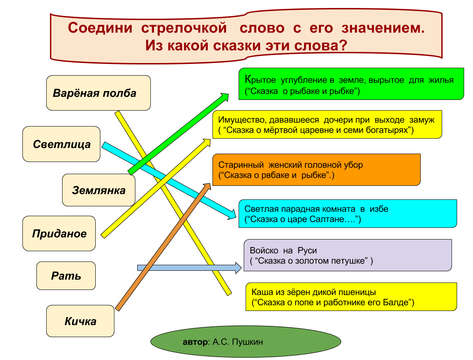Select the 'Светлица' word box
tap(62, 144)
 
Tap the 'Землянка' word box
tap(99, 190)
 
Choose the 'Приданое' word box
tap(59, 233)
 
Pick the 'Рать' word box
tap(66, 275)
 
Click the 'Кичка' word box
tap(80, 321)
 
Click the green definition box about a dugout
tap(351, 84)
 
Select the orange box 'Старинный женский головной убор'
tap(316, 170)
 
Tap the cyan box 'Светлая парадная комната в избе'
tap(347, 214)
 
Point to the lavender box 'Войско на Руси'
tap(347, 255)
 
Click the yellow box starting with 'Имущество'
tap(327, 125)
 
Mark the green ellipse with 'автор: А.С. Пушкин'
tap(246, 342)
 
